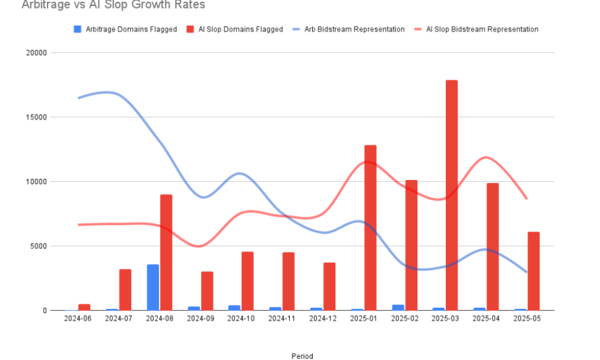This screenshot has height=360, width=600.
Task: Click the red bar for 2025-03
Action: coord(452,195)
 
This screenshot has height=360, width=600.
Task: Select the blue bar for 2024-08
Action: coord(153,287)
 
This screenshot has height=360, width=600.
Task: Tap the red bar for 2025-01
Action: coord(370,227)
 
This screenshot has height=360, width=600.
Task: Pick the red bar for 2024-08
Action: coord(166,253)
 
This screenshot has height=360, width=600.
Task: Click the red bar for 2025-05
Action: coord(533,271)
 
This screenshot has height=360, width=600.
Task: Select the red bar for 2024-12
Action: coord(329,286)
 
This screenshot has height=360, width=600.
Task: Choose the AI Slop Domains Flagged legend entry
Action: coord(235,29)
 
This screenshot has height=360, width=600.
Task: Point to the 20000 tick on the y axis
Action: coord(36,53)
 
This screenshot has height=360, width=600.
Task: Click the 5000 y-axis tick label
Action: coord(38,246)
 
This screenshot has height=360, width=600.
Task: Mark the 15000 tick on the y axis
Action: coord(36,117)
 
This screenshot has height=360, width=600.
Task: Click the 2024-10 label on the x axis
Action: coord(241,319)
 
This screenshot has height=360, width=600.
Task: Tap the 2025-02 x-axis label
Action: coord(404,319)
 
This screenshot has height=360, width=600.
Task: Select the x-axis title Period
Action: coord(302,356)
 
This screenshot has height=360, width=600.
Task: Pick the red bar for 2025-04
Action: coord(493,247)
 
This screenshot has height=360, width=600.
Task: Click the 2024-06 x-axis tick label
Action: coord(78,319)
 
